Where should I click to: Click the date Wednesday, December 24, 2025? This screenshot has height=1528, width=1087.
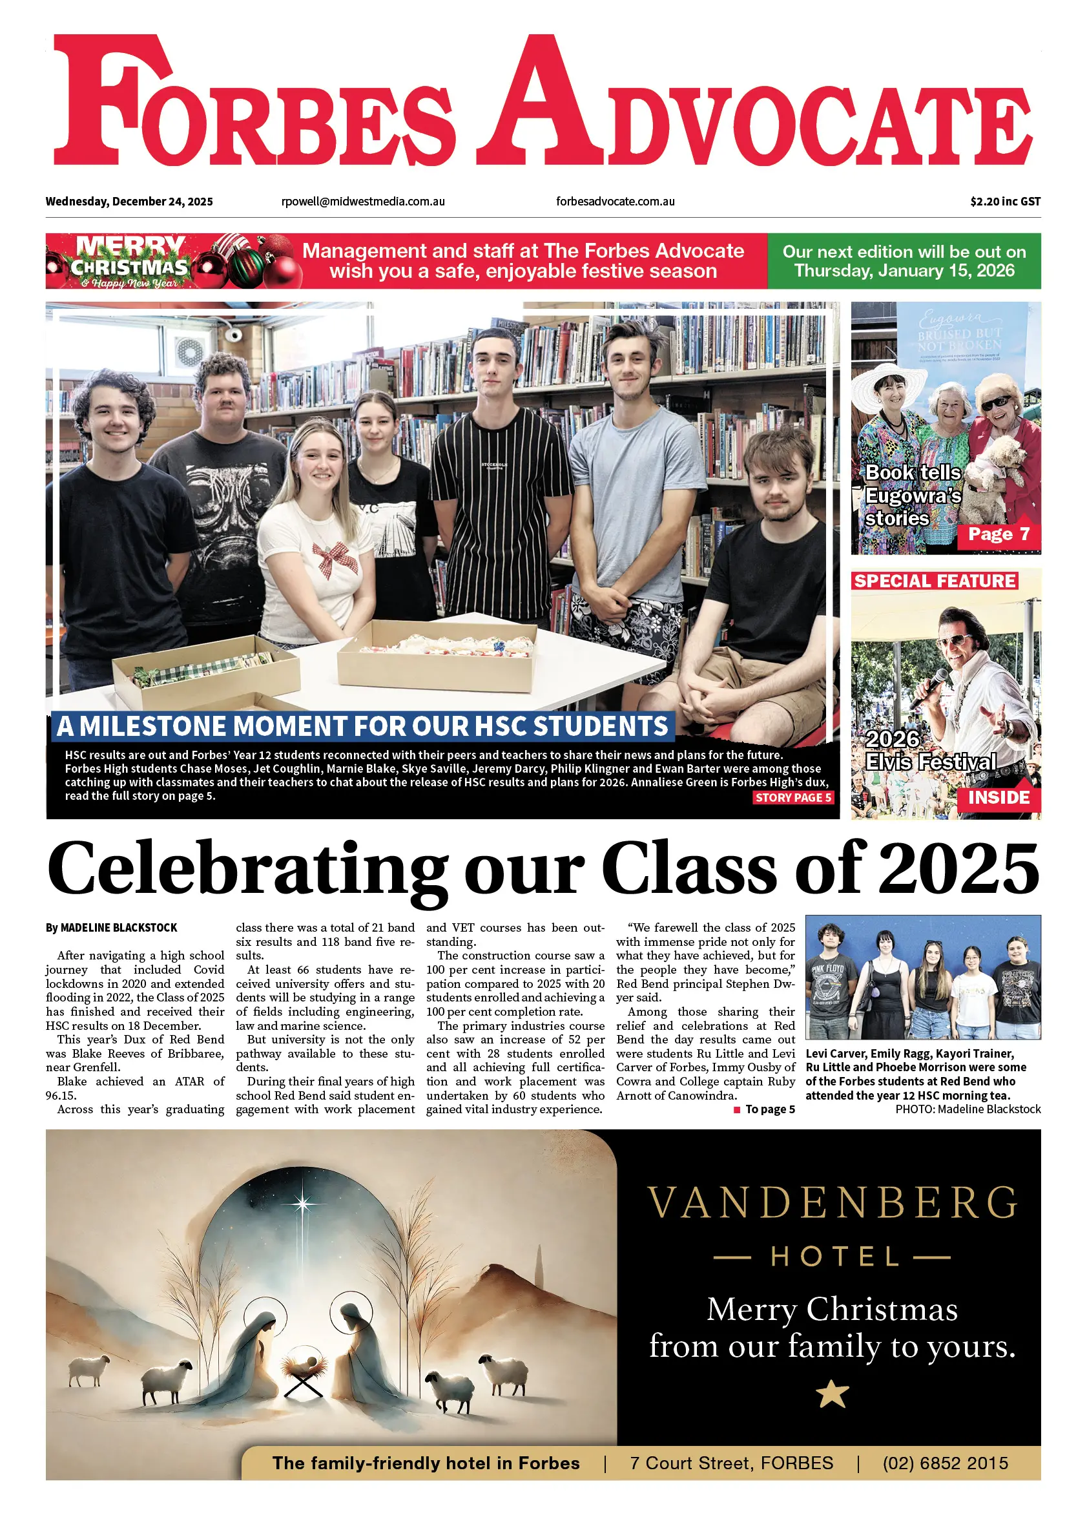point(129,202)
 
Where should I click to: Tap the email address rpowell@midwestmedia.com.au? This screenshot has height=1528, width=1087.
point(363,202)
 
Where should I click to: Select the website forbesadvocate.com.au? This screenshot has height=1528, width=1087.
point(615,202)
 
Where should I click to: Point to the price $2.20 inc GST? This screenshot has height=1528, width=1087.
point(1005,202)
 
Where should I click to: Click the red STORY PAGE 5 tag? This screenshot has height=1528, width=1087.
point(792,797)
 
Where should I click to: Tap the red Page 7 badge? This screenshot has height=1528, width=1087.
point(998,534)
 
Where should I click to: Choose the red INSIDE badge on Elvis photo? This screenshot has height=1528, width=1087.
point(998,797)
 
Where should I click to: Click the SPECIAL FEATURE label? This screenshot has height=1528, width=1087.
point(935,581)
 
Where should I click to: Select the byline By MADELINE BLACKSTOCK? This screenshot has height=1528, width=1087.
point(111,928)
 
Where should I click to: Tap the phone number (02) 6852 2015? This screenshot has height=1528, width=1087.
point(944,1463)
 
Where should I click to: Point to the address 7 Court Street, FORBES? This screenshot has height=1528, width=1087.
point(731,1463)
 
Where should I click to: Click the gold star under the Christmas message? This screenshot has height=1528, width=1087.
point(832,1394)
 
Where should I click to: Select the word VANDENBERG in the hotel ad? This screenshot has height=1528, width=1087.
point(832,1203)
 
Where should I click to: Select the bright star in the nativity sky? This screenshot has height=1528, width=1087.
point(303,1204)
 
